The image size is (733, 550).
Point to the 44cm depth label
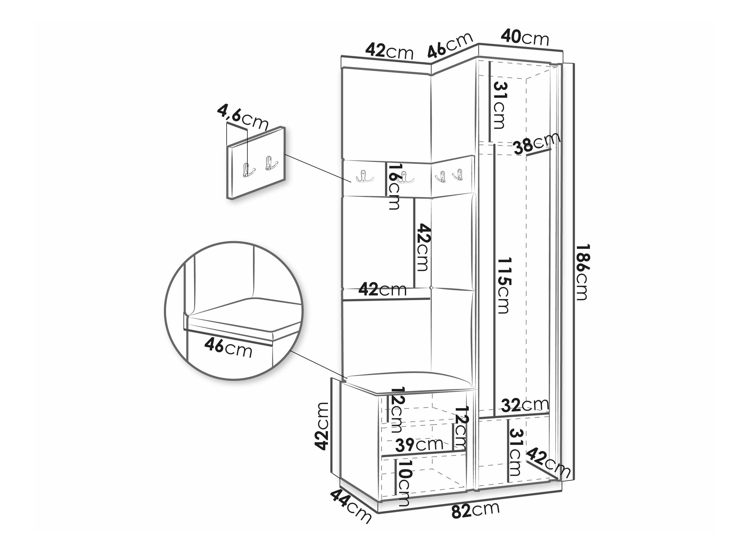[350, 510]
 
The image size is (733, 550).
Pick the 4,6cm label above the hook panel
[242, 117]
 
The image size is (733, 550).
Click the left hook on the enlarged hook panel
[247, 170]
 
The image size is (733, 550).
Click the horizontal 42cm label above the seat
[383, 289]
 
